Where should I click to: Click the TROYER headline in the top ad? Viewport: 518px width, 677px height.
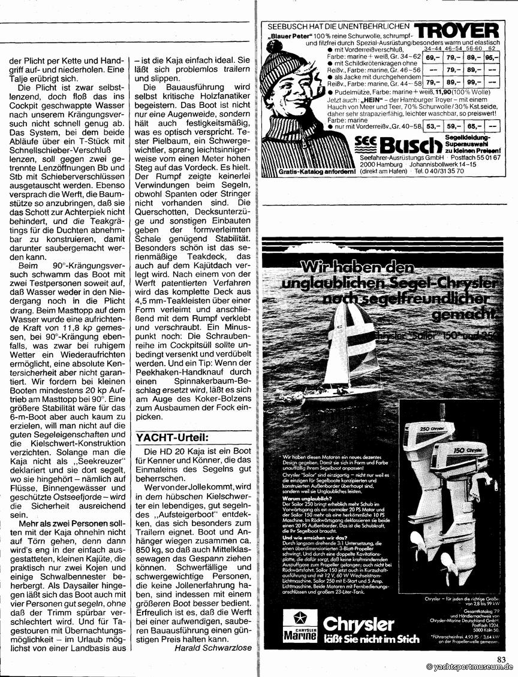(x=456, y=31)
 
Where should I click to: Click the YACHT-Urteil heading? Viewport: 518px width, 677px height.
(x=172, y=437)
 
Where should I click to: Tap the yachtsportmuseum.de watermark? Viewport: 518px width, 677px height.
(x=470, y=667)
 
